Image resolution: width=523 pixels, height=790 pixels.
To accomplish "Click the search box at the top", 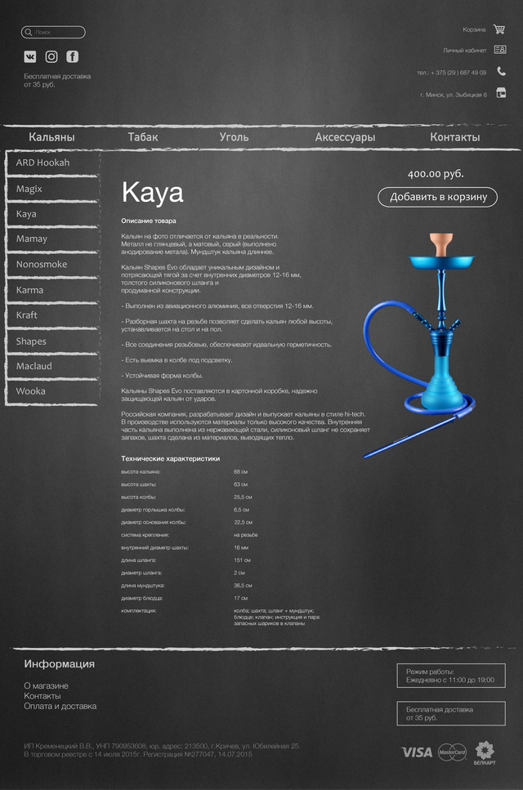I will click(53, 33).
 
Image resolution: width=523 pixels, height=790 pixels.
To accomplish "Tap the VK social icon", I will click(30, 56).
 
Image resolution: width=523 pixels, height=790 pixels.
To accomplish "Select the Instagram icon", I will click(51, 56).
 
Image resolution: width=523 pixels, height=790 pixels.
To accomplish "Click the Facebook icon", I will click(73, 56).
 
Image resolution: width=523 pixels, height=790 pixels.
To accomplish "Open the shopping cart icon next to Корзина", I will click(499, 29).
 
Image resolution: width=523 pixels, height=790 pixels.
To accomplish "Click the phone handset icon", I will click(501, 72).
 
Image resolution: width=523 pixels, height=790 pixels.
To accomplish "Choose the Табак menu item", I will click(143, 137).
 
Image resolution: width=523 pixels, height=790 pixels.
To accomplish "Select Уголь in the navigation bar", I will click(234, 137).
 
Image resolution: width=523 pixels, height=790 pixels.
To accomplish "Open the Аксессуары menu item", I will click(345, 137).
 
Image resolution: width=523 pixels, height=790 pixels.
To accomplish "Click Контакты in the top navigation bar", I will click(454, 137).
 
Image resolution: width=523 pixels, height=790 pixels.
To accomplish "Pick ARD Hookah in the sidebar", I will click(42, 163).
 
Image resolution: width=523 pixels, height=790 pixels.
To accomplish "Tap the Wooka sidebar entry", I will click(31, 391).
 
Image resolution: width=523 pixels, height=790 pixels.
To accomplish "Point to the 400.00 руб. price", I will click(436, 174).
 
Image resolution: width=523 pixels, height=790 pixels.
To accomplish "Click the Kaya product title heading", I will click(153, 193).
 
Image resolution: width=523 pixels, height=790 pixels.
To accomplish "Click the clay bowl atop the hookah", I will click(442, 243).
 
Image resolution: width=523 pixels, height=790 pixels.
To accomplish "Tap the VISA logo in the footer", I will click(417, 752).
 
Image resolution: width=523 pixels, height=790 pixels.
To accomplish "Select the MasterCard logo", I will click(452, 752).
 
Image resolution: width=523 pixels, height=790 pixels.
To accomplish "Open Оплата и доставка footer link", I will click(60, 706).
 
